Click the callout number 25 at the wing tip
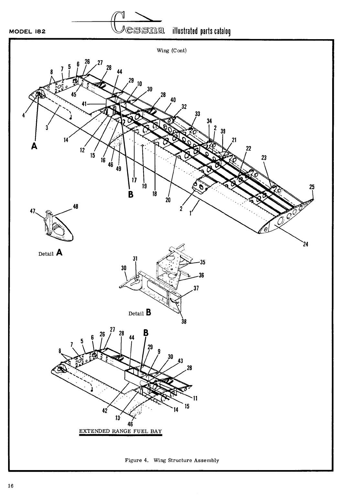pos(311,187)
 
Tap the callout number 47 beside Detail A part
pos(32,210)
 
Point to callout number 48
pos(75,207)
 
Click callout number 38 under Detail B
pos(184,321)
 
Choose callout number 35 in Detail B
pos(202,262)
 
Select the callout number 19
pos(144,186)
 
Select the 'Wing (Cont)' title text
pos(171,51)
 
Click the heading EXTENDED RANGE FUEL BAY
pos(121,431)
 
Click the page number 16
pos(11,486)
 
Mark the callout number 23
pos(264,158)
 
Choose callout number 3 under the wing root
pos(47,127)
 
